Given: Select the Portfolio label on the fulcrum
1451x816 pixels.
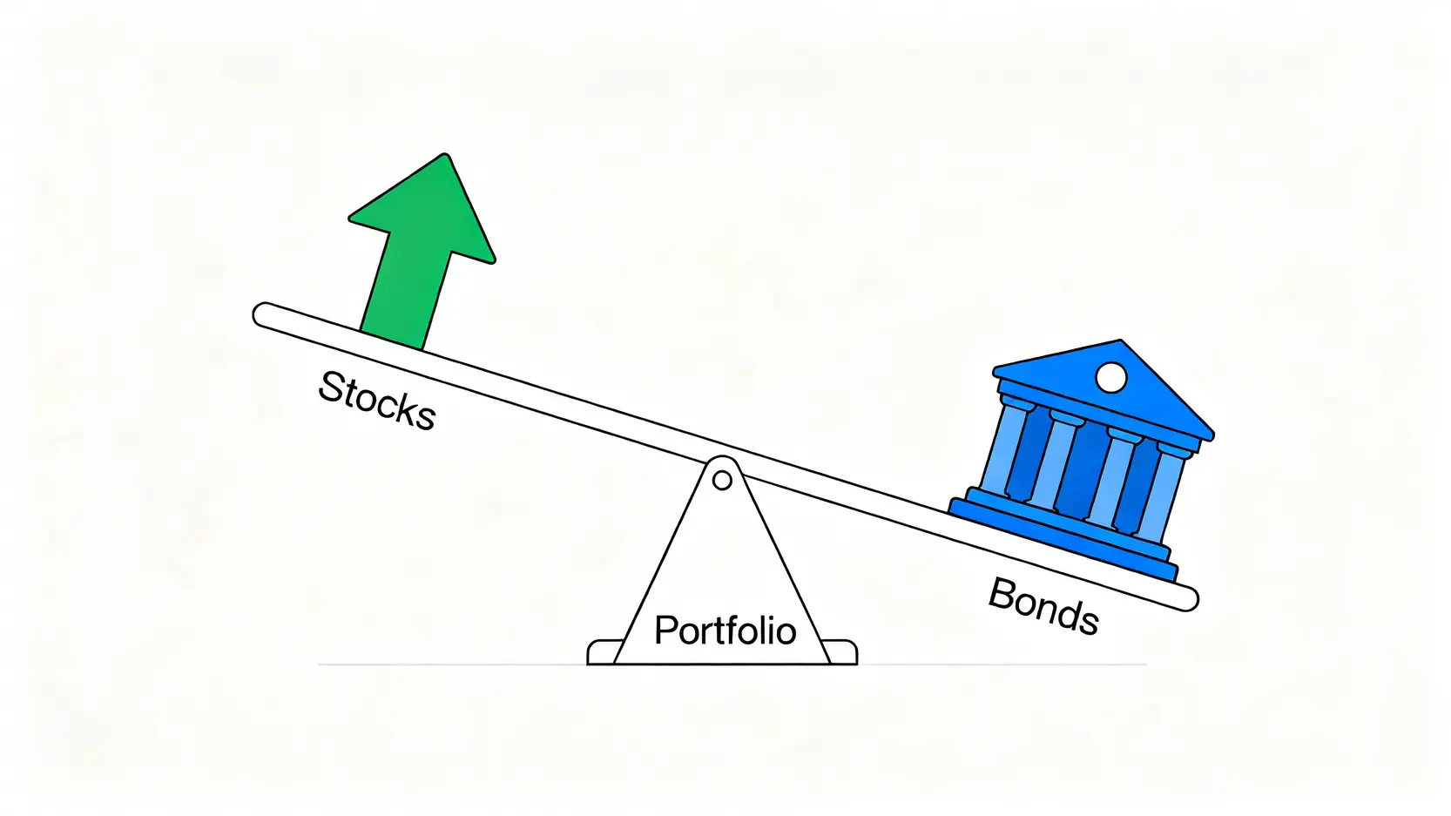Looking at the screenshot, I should click(725, 631).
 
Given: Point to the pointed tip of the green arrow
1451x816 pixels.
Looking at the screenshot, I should click(446, 157).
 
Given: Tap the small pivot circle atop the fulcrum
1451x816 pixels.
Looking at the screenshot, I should click(722, 480).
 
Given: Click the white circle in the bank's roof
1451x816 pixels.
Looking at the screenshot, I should click(1110, 377).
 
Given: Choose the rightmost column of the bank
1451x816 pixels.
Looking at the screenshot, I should click(1164, 493).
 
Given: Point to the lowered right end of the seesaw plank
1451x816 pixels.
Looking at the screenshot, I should click(1186, 598).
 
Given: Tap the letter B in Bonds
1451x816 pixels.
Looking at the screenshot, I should click(1002, 594).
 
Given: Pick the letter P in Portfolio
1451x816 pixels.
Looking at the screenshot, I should click(665, 631).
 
